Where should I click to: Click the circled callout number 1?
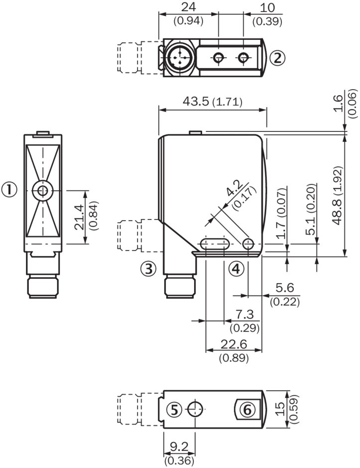(10, 189)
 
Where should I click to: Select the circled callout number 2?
(278, 58)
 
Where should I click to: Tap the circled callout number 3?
(148, 269)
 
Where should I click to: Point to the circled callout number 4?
(237, 269)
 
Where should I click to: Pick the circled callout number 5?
(174, 410)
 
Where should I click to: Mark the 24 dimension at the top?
(188, 8)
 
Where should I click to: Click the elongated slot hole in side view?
(214, 244)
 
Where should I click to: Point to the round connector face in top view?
(178, 59)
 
